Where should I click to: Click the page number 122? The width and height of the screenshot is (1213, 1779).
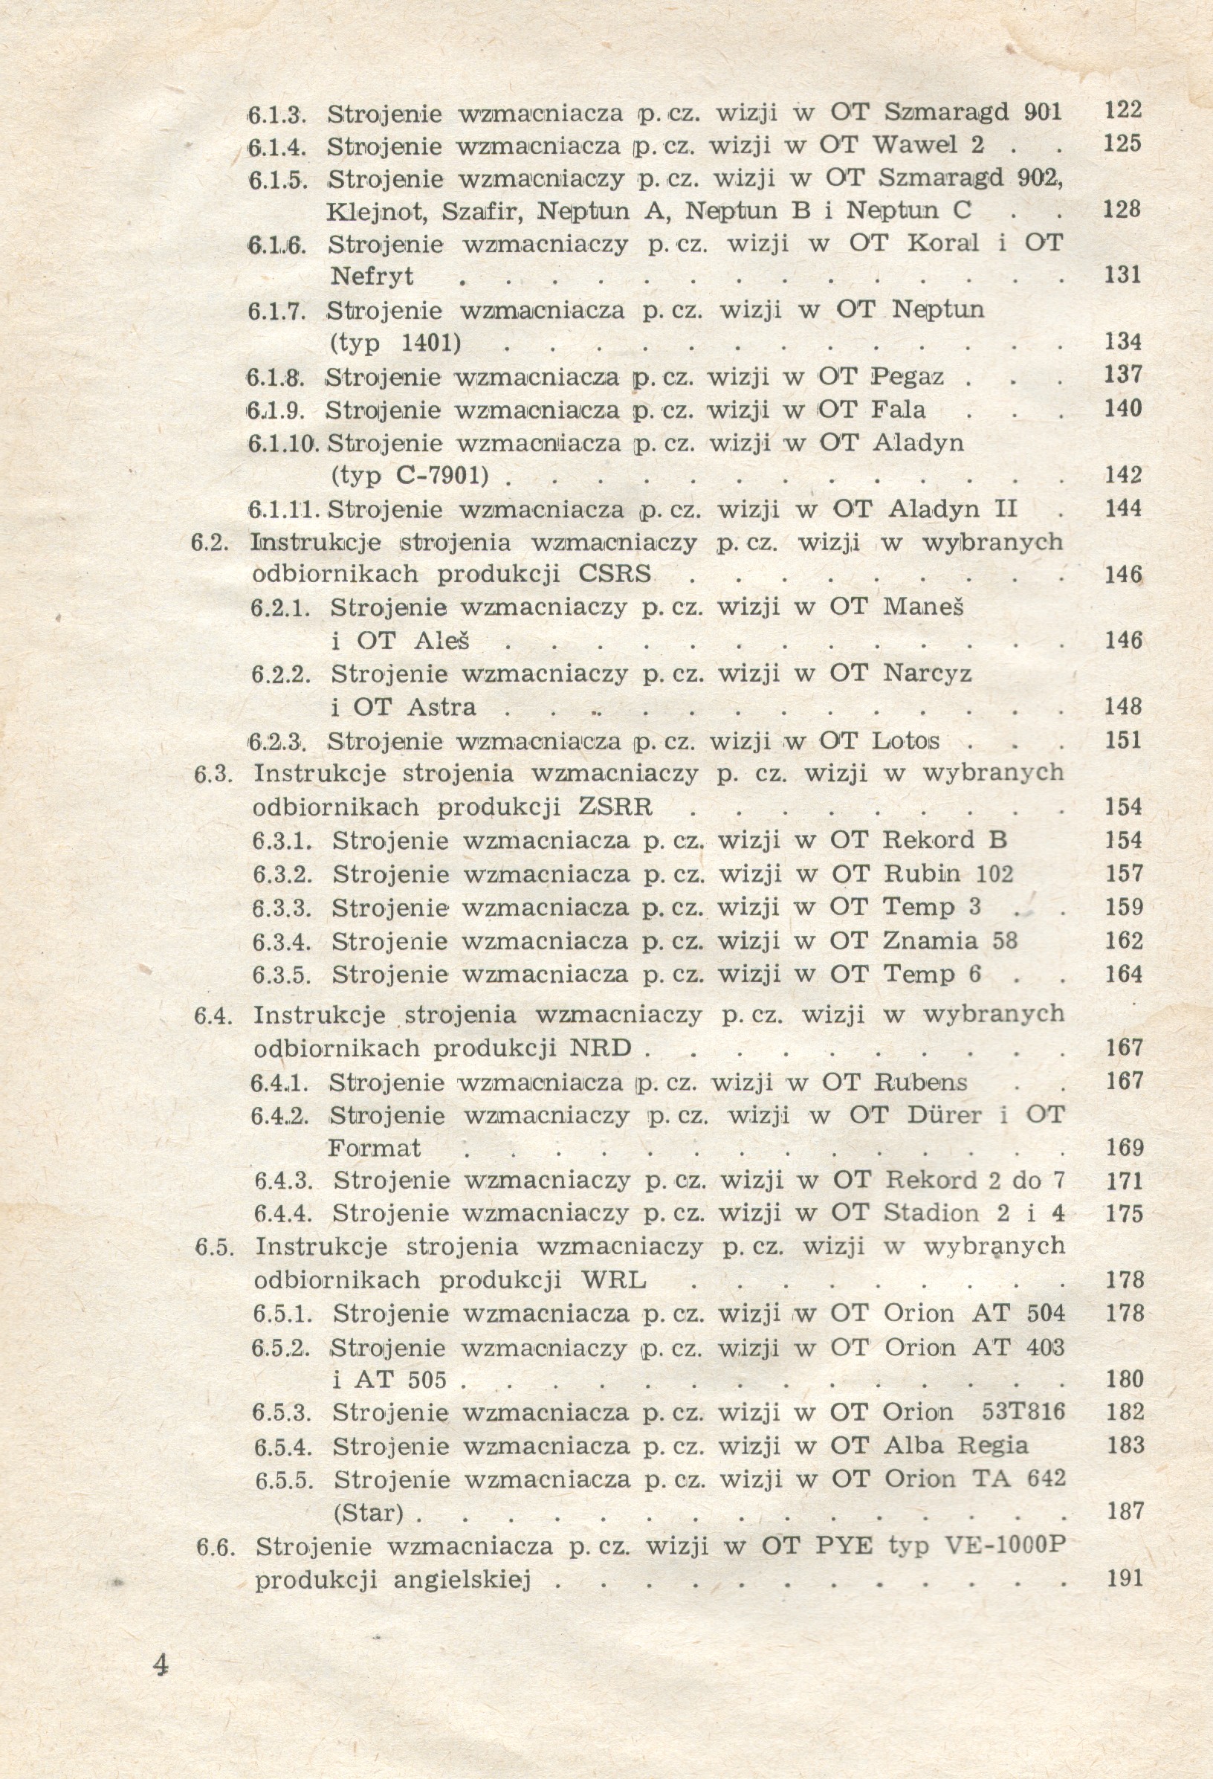click(x=1123, y=110)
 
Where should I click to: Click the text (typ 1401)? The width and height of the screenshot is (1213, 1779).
click(x=395, y=342)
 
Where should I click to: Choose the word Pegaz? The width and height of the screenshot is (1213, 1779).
click(x=908, y=377)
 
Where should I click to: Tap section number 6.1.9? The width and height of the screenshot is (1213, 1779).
click(x=276, y=411)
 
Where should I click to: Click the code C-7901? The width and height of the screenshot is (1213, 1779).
click(x=442, y=476)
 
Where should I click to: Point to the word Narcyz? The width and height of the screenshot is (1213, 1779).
click(x=927, y=674)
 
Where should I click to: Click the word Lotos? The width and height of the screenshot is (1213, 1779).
click(x=905, y=741)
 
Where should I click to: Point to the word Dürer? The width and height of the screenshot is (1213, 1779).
click(x=944, y=1115)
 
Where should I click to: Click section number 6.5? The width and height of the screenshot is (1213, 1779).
click(x=213, y=1247)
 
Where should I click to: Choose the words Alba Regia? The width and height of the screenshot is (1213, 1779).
click(x=956, y=1446)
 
